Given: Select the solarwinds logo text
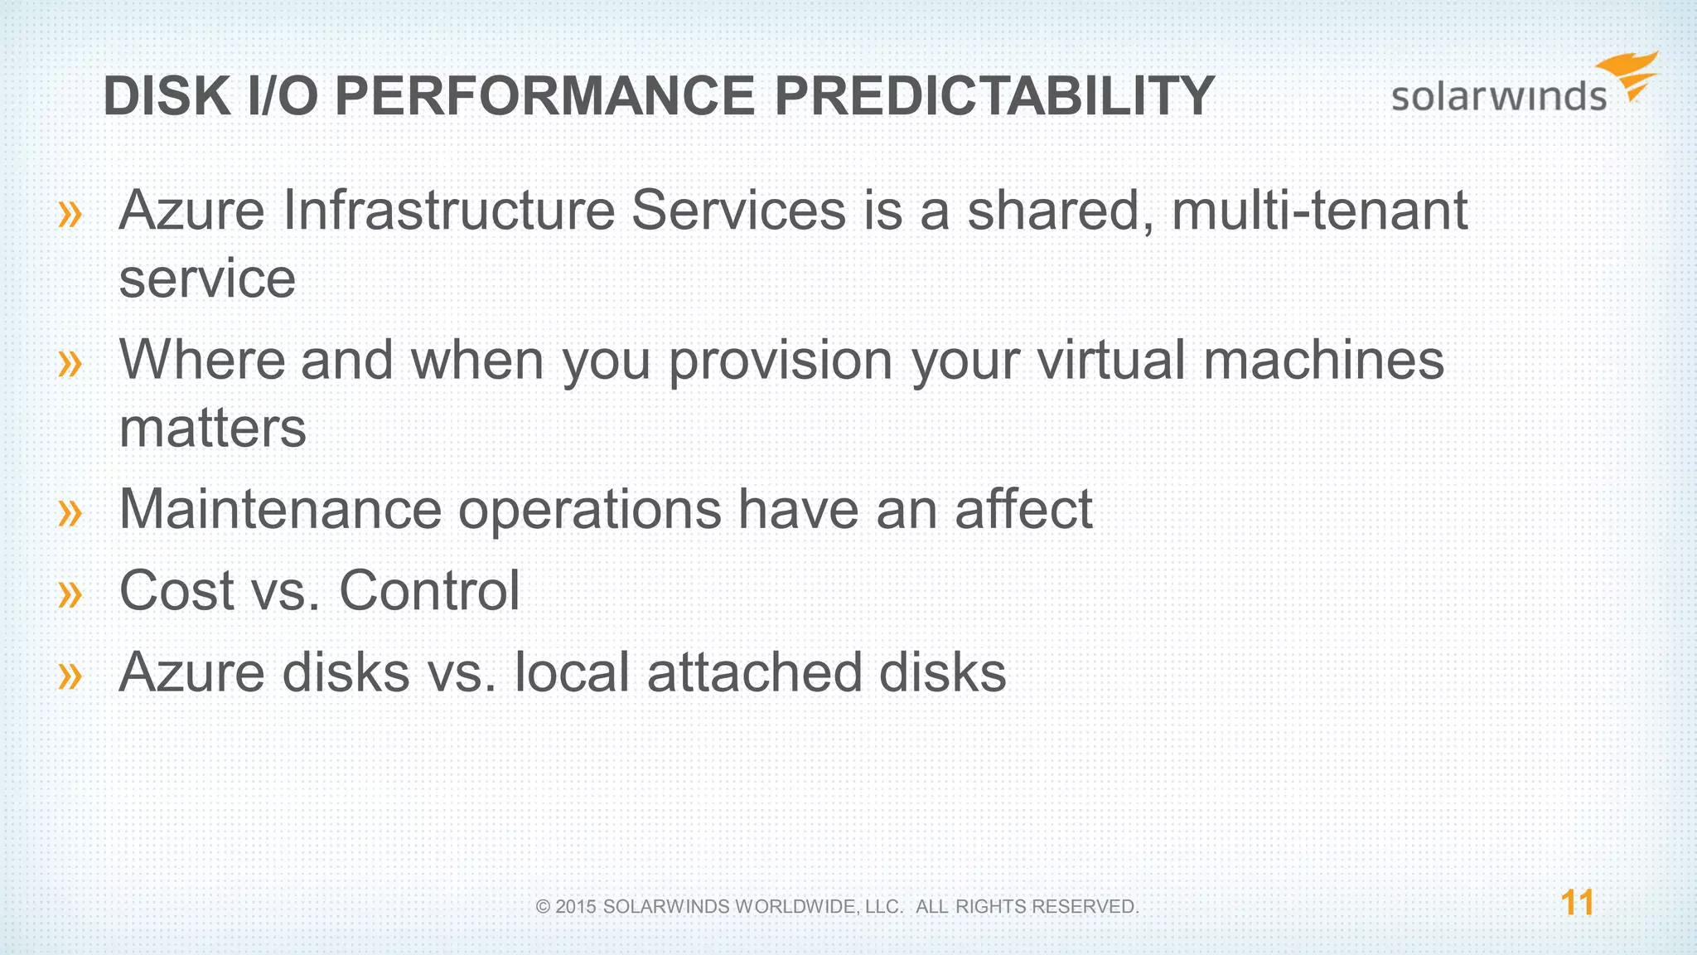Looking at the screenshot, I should pyautogui.click(x=1498, y=97).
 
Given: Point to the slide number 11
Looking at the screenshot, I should pyautogui.click(x=1577, y=903).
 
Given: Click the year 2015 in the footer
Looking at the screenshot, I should pyautogui.click(x=576, y=907).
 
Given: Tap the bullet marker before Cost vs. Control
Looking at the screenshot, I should pyautogui.click(x=70, y=594).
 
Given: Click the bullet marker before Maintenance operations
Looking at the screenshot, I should pyautogui.click(x=70, y=512).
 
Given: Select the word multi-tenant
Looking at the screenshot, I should pyautogui.click(x=1319, y=211).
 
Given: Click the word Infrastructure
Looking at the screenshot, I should pyautogui.click(x=448, y=211).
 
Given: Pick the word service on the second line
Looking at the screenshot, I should pyautogui.click(x=207, y=279).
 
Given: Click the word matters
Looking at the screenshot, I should pyautogui.click(x=212, y=429).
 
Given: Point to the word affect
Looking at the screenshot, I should pyautogui.click(x=1023, y=509).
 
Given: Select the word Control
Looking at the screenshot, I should pyautogui.click(x=429, y=590).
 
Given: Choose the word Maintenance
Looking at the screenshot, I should pyautogui.click(x=280, y=509).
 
